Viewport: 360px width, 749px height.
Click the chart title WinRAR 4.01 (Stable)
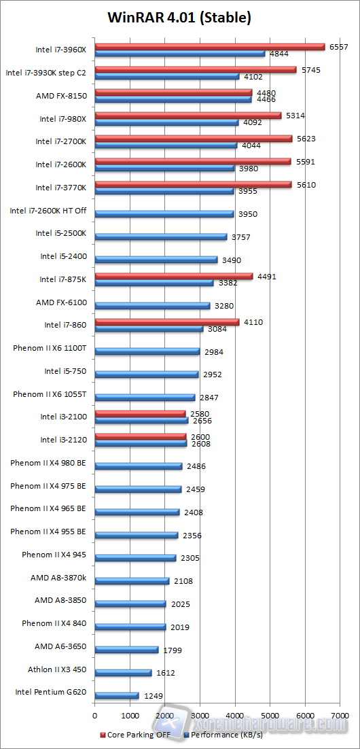click(179, 18)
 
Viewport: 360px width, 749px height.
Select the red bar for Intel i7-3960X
click(210, 46)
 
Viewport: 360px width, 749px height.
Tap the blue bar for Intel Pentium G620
click(117, 695)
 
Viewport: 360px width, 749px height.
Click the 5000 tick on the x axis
click(270, 716)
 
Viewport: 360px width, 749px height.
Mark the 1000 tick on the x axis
click(130, 716)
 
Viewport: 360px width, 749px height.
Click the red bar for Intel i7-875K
click(173, 276)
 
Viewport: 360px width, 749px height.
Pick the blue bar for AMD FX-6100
click(152, 305)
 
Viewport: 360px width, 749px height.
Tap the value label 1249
click(154, 696)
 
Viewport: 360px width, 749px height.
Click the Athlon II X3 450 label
click(57, 669)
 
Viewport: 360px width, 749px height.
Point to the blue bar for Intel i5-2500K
click(161, 237)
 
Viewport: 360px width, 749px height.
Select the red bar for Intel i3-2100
click(140, 413)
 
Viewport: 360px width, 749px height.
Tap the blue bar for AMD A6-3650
click(126, 650)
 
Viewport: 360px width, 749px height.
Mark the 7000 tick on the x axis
click(340, 716)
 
